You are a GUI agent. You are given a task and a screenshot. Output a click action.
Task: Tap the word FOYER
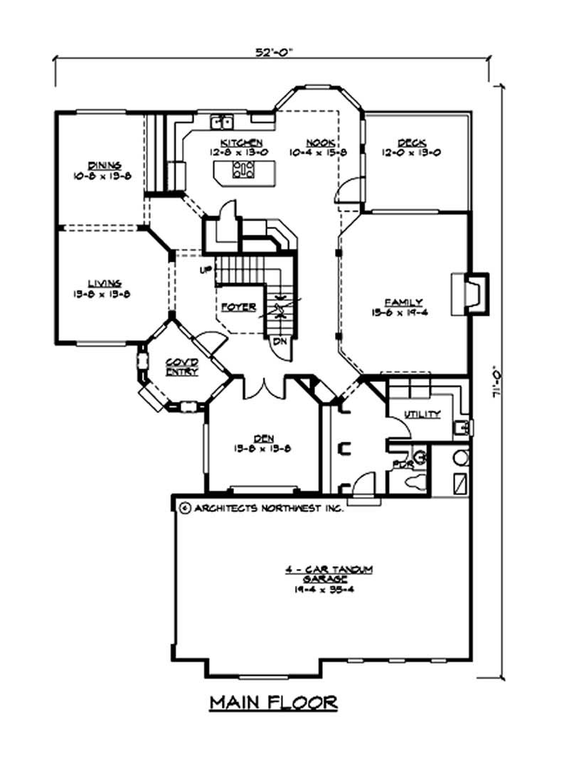point(238,307)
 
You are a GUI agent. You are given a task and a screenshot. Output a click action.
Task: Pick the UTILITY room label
point(422,415)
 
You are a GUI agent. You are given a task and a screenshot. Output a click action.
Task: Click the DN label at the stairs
point(280,341)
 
